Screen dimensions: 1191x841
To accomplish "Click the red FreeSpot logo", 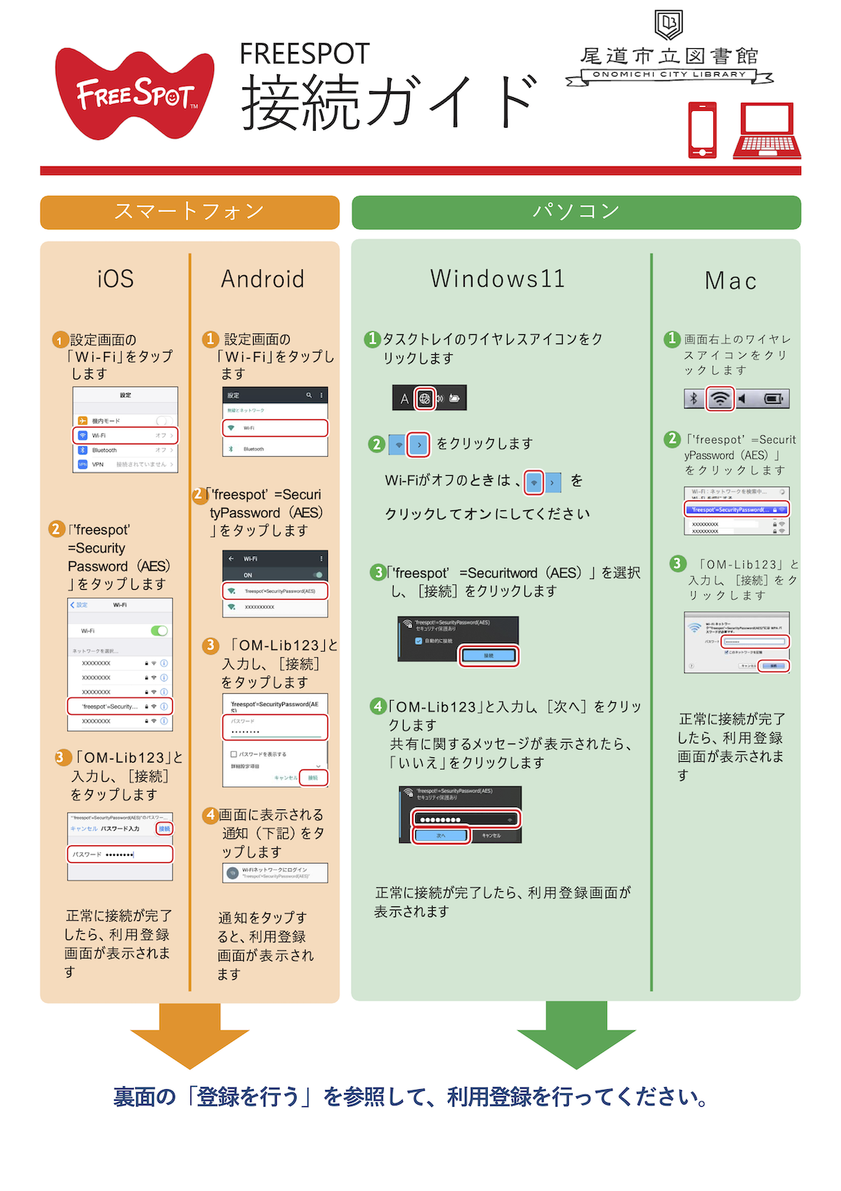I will [135, 93].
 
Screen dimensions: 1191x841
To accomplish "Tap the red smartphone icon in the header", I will [703, 130].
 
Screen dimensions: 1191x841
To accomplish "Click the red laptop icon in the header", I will [766, 131].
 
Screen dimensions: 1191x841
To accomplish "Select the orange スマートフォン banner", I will [190, 212].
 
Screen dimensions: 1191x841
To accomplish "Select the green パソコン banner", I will [576, 212].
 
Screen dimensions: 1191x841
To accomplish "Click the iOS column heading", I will [115, 279].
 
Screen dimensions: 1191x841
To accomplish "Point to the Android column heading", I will [262, 279].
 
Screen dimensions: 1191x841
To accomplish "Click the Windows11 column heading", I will [498, 279].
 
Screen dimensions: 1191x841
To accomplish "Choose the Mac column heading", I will [730, 281].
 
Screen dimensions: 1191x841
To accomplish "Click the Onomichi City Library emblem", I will [669, 24].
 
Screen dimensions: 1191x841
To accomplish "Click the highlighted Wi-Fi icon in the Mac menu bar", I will [719, 399].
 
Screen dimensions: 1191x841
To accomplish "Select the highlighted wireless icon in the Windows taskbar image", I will [425, 399].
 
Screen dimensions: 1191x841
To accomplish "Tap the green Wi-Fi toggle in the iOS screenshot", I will [159, 630].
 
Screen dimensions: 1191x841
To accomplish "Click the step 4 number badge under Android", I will [210, 815].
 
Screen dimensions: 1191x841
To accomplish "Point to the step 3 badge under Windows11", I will [378, 572].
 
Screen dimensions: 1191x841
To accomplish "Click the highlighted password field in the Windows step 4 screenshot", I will [466, 819].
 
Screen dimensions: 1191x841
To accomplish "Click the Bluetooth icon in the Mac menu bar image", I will [693, 399].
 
